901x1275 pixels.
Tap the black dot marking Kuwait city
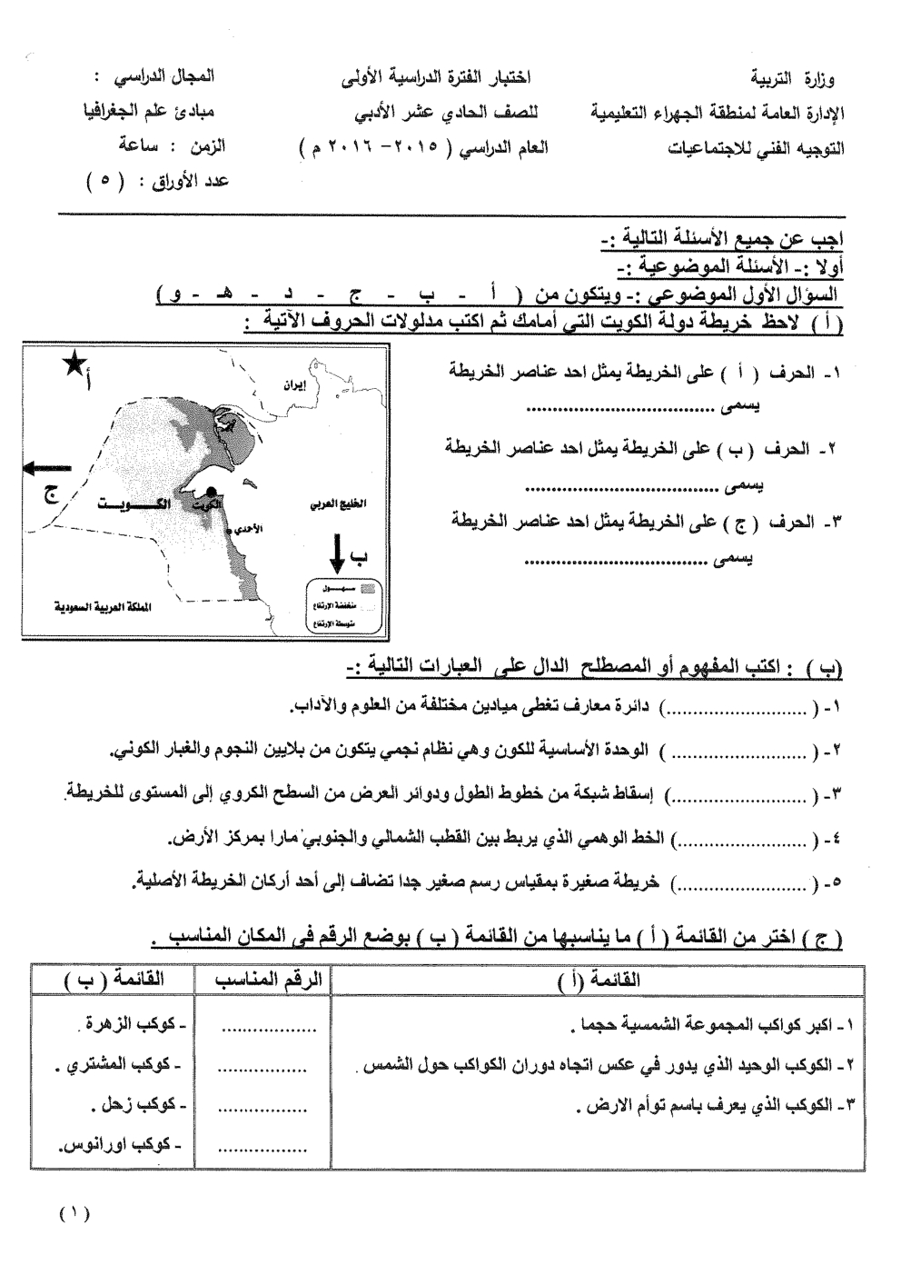click(211, 492)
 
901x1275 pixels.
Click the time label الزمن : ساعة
click(173, 145)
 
